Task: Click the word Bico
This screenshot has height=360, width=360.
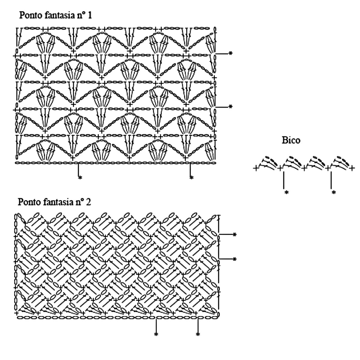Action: click(x=291, y=140)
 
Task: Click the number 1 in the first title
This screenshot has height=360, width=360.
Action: click(x=89, y=16)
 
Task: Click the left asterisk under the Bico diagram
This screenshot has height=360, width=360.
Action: click(x=286, y=192)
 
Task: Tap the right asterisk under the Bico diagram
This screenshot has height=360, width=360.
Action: click(x=334, y=192)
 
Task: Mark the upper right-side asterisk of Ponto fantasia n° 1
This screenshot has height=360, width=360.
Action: click(x=230, y=53)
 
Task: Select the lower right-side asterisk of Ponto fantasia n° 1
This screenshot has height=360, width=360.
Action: click(x=230, y=106)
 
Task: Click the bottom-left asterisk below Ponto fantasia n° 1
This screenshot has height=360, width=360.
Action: click(x=80, y=178)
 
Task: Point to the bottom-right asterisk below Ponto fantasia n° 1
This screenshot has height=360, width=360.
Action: click(x=191, y=178)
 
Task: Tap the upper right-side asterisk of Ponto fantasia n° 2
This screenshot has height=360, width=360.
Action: click(x=235, y=234)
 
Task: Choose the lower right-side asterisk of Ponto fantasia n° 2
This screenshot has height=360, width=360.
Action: click(x=235, y=259)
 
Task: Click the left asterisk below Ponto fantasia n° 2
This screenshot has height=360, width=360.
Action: click(x=156, y=334)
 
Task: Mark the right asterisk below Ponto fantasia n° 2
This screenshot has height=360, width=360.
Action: click(x=198, y=334)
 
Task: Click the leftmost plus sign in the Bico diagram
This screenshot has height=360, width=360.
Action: click(x=256, y=169)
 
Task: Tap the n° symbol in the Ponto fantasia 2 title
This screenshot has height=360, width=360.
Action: click(x=79, y=202)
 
